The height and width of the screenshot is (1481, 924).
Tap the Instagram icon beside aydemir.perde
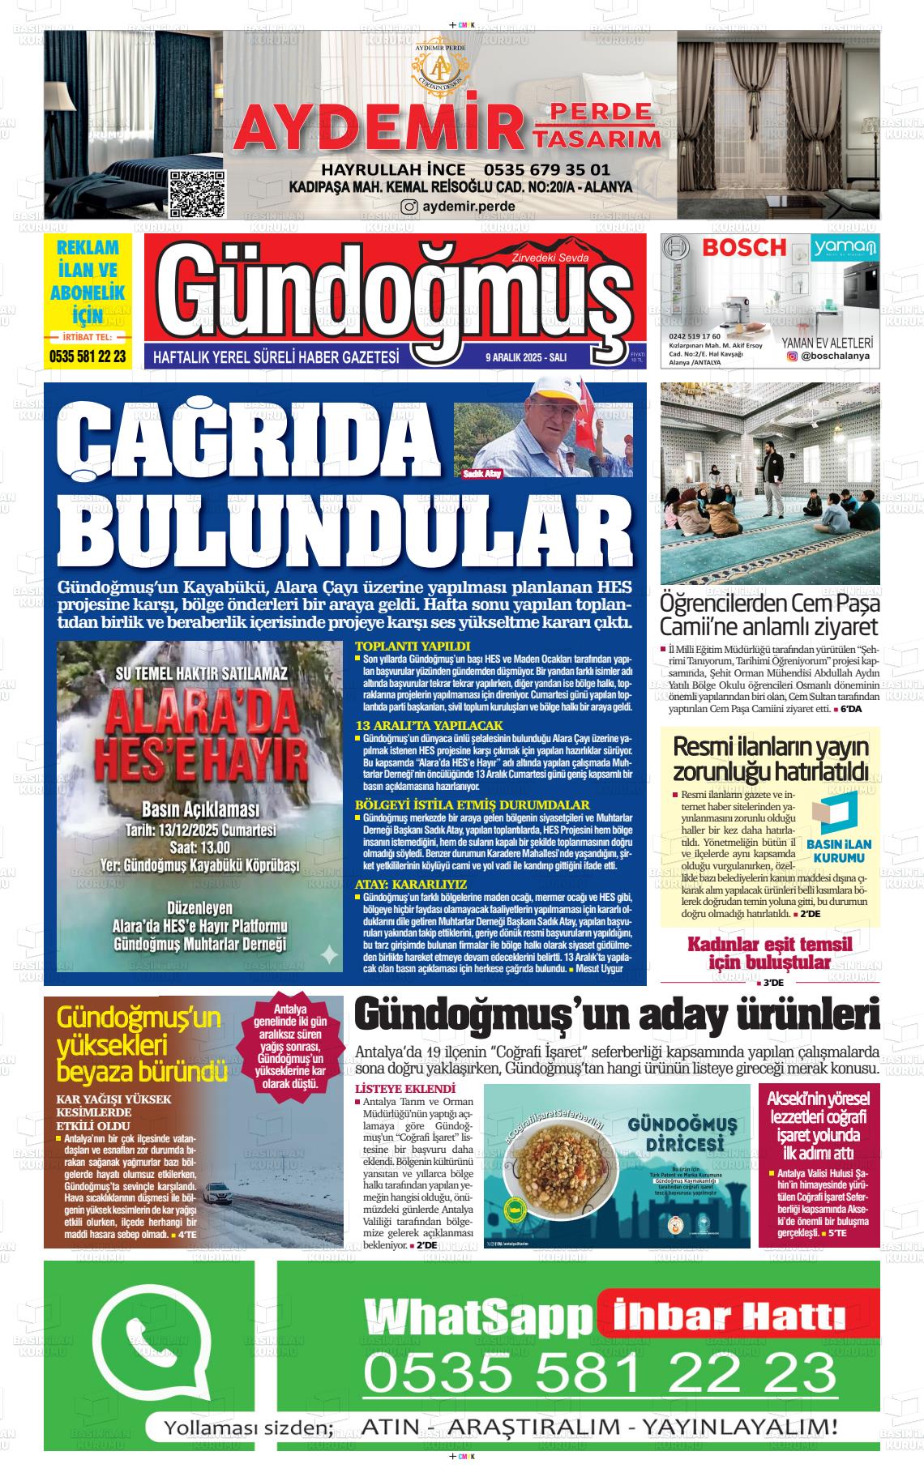click(410, 207)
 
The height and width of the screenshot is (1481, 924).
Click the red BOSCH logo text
click(743, 246)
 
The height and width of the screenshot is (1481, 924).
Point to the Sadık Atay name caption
click(481, 473)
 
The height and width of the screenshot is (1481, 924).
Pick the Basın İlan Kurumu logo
click(839, 827)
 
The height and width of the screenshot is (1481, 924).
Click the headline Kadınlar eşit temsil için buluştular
click(769, 953)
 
